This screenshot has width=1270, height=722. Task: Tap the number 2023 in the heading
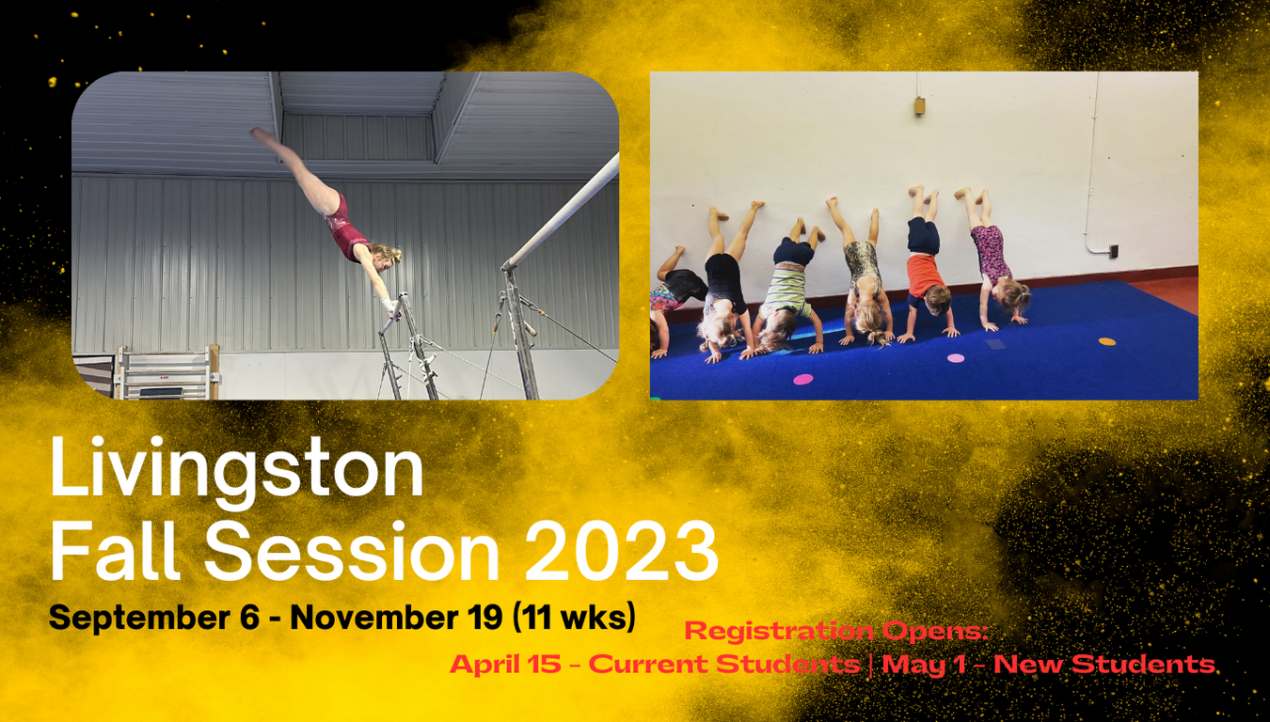pyautogui.click(x=622, y=552)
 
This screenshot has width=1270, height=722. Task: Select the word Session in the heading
pyautogui.click(x=352, y=552)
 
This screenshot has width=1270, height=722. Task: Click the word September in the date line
pyautogui.click(x=139, y=618)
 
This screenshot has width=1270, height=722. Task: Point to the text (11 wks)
pyautogui.click(x=575, y=617)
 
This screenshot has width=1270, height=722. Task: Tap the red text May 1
pyautogui.click(x=924, y=665)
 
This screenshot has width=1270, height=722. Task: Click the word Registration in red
pyautogui.click(x=779, y=631)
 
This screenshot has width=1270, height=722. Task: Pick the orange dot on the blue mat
pyautogui.click(x=1106, y=342)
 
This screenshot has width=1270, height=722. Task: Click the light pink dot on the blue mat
pyautogui.click(x=956, y=358)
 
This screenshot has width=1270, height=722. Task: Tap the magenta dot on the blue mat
pyautogui.click(x=802, y=379)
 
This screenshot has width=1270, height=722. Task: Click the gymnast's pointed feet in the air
pyautogui.click(x=262, y=135)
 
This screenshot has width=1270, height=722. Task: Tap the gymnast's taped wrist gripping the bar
pyautogui.click(x=389, y=304)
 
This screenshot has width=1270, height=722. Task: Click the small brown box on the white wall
pyautogui.click(x=920, y=106)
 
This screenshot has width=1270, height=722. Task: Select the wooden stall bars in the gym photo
pyautogui.click(x=167, y=373)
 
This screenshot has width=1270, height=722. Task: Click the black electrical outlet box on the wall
pyautogui.click(x=1114, y=251)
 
